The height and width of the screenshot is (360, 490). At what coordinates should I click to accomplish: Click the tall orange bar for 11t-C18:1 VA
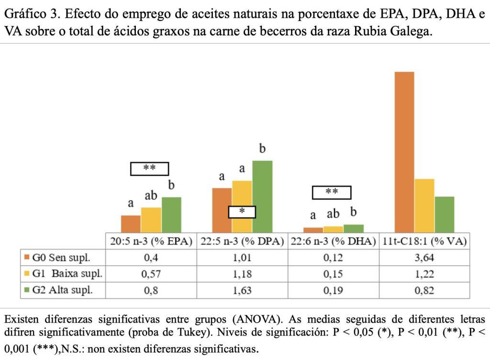(x=404, y=152)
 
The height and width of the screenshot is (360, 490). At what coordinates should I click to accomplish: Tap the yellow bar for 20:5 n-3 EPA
(x=151, y=220)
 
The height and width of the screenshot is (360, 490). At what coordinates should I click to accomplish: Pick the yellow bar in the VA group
(x=424, y=206)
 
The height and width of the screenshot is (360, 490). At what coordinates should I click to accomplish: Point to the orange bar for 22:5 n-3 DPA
(x=222, y=210)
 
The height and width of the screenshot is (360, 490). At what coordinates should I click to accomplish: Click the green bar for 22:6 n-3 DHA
(x=354, y=228)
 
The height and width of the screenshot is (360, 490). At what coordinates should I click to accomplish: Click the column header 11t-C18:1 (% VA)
(x=425, y=241)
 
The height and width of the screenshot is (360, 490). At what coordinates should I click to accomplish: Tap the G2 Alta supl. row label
(x=62, y=290)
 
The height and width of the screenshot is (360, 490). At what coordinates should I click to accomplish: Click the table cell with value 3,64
(x=425, y=258)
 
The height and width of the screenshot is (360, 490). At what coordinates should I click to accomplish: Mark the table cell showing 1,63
(x=242, y=290)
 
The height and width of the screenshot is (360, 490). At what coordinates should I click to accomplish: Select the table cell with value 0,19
(x=334, y=290)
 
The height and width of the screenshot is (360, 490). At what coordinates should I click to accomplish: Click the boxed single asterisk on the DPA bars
(x=242, y=212)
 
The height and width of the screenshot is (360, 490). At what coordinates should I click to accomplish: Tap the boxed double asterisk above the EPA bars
(x=150, y=169)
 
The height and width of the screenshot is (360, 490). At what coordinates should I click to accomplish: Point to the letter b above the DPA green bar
(x=262, y=149)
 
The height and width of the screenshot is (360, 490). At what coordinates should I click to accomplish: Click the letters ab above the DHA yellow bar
(x=333, y=214)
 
